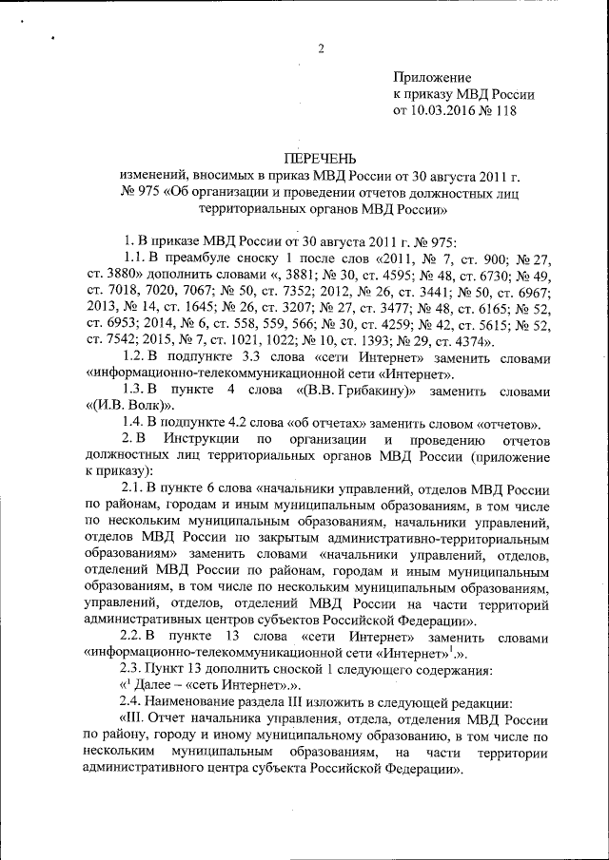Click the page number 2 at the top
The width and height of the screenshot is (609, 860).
coord(322,49)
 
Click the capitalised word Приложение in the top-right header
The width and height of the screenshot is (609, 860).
coord(432,76)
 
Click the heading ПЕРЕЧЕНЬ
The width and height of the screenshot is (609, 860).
coord(322,157)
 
